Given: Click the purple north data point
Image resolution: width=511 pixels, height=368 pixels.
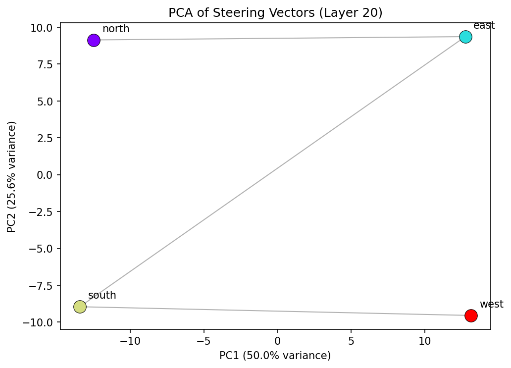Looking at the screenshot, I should point(94,40).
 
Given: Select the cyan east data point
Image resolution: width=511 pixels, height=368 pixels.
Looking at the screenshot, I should point(465,37).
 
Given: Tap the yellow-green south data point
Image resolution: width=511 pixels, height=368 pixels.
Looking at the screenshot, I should point(80,307).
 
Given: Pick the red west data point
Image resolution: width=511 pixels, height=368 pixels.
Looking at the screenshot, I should point(471,315).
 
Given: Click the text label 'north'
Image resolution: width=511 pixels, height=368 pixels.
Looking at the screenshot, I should point(116,29).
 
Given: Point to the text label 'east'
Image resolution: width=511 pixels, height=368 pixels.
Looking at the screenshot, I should point(484,25).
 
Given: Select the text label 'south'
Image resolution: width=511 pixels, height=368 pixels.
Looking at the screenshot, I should point(102,295).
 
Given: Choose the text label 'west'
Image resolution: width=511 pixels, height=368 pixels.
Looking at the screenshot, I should point(491,304).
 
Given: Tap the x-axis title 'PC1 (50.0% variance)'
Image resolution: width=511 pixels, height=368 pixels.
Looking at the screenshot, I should point(275,355).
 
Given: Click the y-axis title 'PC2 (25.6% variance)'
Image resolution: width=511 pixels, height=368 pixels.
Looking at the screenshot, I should point(11,176).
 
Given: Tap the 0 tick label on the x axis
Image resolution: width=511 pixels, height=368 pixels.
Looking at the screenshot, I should point(277,341).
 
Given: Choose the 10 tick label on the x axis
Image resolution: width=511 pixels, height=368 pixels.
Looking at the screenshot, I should point(424,341).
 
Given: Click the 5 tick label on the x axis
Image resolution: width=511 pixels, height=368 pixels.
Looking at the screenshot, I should point(351,341).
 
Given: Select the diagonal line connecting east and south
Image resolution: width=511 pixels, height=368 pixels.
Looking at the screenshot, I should point(272,172).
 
